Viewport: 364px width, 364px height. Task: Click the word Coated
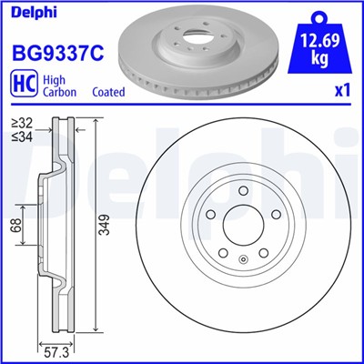click(109, 93)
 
